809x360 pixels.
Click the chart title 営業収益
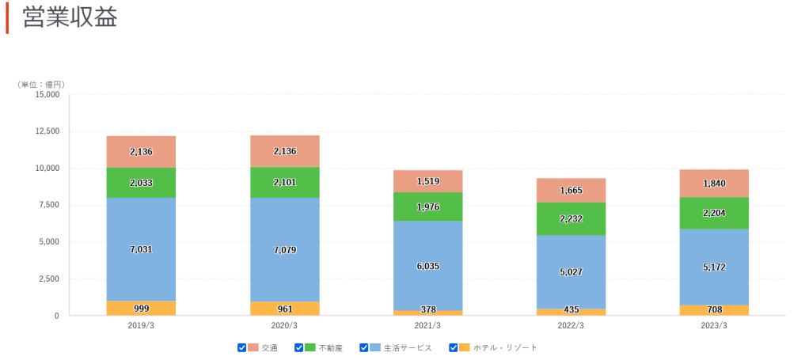(x=70, y=17)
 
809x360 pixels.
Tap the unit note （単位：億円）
(x=41, y=84)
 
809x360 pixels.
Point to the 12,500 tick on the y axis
(x=45, y=131)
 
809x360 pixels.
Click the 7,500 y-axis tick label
(x=47, y=205)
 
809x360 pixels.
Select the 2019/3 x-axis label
(x=141, y=326)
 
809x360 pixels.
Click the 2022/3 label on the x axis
(x=570, y=326)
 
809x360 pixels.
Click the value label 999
(x=141, y=309)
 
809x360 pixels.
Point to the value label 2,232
(x=571, y=219)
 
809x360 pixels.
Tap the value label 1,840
(x=714, y=184)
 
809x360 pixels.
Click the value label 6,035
(x=427, y=267)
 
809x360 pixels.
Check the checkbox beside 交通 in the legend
(x=242, y=347)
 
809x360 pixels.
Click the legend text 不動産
(x=331, y=348)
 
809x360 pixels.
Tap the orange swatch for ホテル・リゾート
(x=465, y=347)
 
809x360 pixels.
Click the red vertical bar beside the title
(x=7, y=17)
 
